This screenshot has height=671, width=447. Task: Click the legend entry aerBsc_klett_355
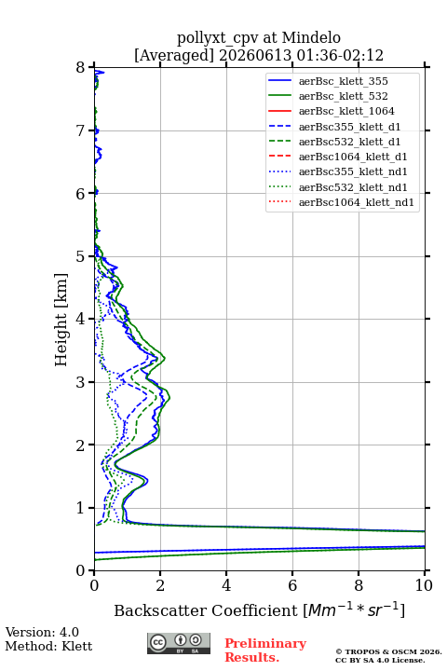[x=343, y=81]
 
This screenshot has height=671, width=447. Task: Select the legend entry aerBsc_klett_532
[x=343, y=96]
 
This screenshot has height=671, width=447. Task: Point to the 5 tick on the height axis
[x=91, y=256]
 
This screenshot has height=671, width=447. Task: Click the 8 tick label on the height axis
[x=80, y=68]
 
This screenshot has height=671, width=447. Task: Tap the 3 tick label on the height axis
[x=80, y=382]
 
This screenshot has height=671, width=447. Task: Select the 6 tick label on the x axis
[x=292, y=585]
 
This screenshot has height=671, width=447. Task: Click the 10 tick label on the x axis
[x=424, y=585]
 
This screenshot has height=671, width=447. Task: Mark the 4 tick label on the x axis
[x=226, y=585]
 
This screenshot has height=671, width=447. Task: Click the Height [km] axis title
[x=61, y=320]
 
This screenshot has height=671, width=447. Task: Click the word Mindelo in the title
[x=311, y=37]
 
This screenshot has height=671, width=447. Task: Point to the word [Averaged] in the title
[x=173, y=55]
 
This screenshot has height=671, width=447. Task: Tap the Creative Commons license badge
[x=179, y=643]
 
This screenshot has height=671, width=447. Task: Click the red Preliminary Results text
[x=265, y=650]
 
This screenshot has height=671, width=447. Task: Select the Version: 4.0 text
[x=42, y=632]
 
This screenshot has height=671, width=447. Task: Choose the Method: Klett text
[x=48, y=646]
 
